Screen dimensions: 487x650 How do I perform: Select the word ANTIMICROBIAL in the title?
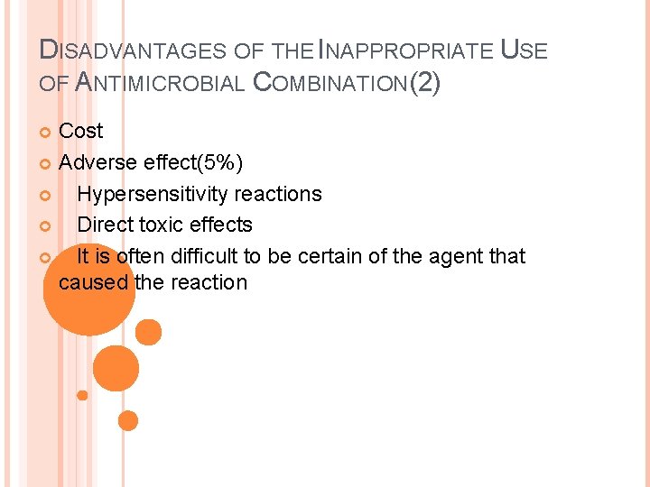pyautogui.click(x=159, y=84)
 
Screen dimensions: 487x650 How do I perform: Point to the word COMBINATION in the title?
pyautogui.click(x=330, y=84)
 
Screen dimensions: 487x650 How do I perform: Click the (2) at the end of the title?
pyautogui.click(x=425, y=84)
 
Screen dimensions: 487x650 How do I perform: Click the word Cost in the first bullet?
pyautogui.click(x=80, y=131)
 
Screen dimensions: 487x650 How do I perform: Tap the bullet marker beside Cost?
pyautogui.click(x=47, y=133)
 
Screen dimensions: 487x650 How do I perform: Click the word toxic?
pyautogui.click(x=162, y=225)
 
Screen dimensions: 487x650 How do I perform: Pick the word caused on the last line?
pyautogui.click(x=93, y=282)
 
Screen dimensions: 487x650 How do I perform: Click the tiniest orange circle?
pyautogui.click(x=82, y=395)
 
